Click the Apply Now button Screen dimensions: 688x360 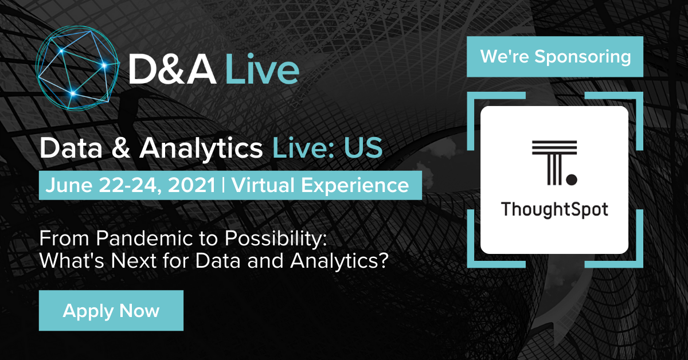111,310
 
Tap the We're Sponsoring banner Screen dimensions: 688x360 555,57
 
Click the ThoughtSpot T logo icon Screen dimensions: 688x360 554,163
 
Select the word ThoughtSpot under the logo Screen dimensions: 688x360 554,210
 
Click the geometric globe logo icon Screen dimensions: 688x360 77,68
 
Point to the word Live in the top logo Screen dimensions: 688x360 262,69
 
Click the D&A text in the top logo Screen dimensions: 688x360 173,69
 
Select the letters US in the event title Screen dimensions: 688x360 363,148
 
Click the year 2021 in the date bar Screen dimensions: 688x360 191,185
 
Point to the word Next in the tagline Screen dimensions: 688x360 134,261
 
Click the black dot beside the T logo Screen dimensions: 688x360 572,179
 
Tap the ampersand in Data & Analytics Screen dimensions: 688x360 121,148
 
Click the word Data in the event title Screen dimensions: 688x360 71,148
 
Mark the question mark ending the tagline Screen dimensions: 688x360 384,261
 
